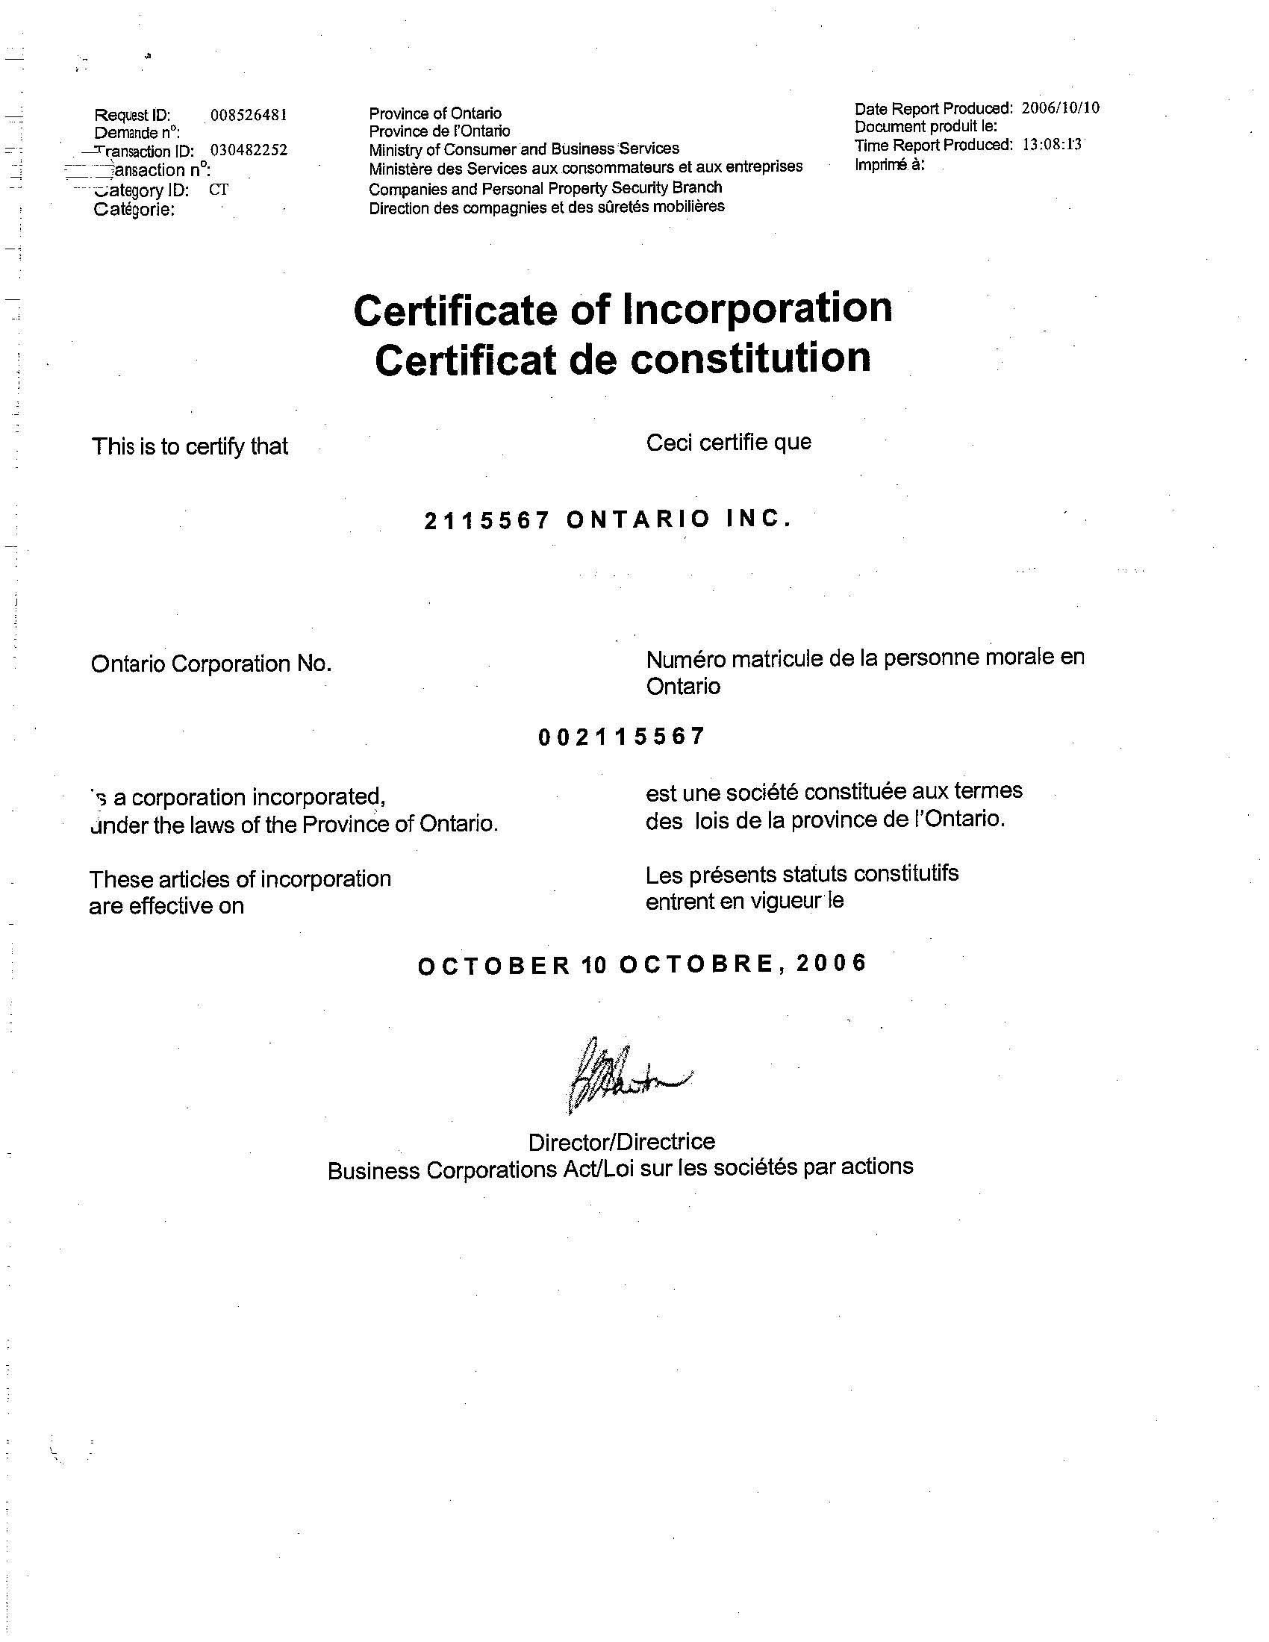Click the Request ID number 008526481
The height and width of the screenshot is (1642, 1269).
(x=249, y=115)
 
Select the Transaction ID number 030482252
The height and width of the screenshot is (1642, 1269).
(x=249, y=150)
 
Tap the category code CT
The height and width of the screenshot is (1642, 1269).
(x=219, y=190)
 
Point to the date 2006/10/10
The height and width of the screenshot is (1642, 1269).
(x=1060, y=107)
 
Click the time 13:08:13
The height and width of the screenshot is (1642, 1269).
(x=1052, y=144)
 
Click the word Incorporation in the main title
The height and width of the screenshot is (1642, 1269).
(x=757, y=308)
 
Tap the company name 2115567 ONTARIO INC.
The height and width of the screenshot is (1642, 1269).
(x=608, y=519)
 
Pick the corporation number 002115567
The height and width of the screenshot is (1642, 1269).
(x=622, y=737)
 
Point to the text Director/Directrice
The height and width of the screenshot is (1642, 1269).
(x=621, y=1142)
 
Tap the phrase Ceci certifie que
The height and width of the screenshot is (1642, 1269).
(x=729, y=442)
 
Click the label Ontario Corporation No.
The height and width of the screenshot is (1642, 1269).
(x=211, y=664)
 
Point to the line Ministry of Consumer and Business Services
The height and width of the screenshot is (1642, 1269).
(x=524, y=149)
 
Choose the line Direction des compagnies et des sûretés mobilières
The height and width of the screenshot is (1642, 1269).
(x=546, y=207)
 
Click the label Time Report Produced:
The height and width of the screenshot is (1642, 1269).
(x=934, y=145)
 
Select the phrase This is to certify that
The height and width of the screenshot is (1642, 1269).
(x=190, y=446)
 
